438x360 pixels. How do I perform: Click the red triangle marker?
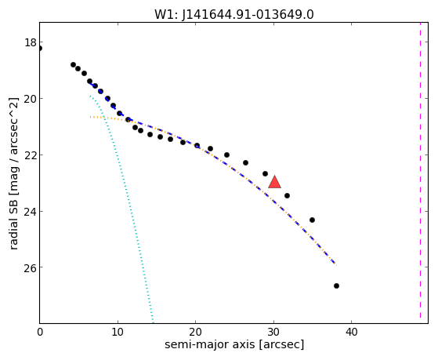(274, 183)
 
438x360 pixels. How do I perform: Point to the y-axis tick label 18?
(31, 42)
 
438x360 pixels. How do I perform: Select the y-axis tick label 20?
(31, 99)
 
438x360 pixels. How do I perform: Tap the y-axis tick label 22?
(31, 155)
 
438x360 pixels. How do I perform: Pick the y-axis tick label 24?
(31, 211)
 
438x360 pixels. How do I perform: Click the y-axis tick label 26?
(31, 267)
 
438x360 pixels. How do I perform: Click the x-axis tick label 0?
(40, 332)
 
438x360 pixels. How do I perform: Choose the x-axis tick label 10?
(118, 332)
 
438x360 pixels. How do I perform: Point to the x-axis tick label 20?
(196, 332)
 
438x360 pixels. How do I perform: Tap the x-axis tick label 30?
(273, 332)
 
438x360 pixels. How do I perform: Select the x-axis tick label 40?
(351, 332)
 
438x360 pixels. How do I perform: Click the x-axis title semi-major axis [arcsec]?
(234, 344)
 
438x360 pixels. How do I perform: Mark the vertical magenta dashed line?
(420, 173)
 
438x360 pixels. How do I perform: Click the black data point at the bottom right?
(336, 285)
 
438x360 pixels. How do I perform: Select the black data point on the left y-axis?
(40, 49)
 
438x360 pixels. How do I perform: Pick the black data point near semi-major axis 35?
(312, 220)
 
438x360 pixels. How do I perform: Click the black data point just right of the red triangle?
(287, 195)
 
